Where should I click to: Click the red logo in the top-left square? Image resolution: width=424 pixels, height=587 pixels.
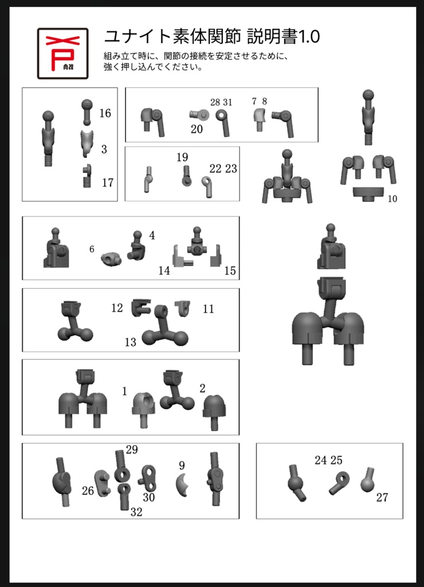(62, 53)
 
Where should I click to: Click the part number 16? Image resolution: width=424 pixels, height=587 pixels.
(105, 113)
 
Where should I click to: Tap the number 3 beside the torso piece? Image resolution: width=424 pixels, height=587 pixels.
(104, 150)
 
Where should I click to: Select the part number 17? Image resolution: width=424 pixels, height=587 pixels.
(108, 183)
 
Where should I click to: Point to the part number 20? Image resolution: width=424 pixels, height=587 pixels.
(197, 129)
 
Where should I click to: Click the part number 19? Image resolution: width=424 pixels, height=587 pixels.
(182, 157)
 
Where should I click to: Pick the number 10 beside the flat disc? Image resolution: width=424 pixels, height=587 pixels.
(392, 199)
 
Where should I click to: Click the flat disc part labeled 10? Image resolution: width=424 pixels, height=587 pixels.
(368, 193)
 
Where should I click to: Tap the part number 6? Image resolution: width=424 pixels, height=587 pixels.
(92, 249)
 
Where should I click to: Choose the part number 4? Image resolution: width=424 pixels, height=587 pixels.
(152, 236)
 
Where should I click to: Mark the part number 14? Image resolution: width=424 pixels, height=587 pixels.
(164, 271)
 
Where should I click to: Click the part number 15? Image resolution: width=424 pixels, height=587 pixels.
(230, 271)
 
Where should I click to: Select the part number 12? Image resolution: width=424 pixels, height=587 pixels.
(117, 308)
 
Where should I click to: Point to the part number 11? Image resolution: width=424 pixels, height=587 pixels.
(209, 309)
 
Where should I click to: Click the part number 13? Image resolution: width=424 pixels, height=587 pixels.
(131, 342)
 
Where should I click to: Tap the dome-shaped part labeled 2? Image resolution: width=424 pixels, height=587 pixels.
(214, 411)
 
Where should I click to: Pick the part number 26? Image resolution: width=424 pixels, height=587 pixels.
(88, 491)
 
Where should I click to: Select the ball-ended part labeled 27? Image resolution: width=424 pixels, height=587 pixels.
(368, 481)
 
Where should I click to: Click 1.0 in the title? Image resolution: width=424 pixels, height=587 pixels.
(309, 37)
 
